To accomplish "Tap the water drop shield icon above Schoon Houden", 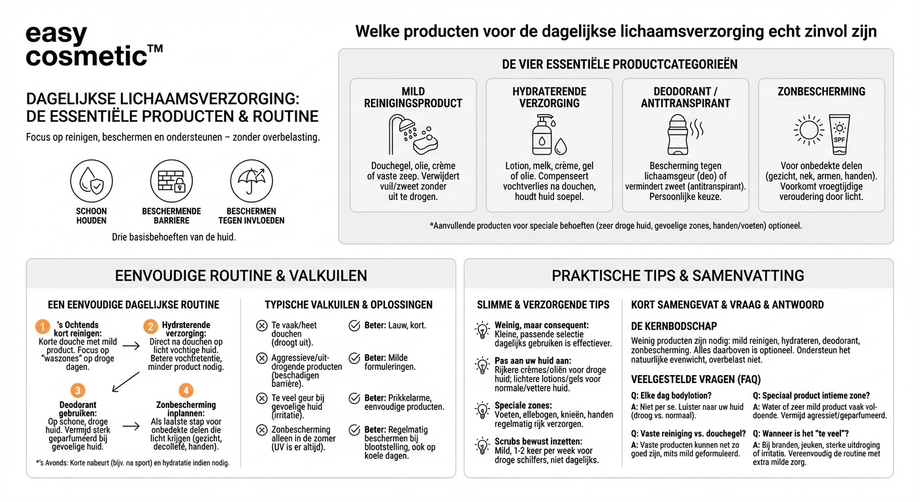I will click(91, 180).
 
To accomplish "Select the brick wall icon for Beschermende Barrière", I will click(171, 180).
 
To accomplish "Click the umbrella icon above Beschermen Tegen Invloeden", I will click(251, 180).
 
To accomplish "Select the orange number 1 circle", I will click(42, 326).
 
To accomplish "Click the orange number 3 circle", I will click(78, 391).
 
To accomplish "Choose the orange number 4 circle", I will click(186, 391).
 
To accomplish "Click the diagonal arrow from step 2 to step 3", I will click(125, 382).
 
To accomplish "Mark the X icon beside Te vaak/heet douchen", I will click(261, 326).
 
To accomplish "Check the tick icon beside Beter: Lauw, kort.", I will click(354, 326).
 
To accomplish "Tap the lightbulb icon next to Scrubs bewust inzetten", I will click(482, 446).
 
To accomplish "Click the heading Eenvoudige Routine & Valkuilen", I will click(240, 275).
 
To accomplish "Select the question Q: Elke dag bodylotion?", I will click(671, 395).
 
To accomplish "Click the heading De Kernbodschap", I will click(674, 326).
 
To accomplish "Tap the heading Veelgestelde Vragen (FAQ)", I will click(696, 379).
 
